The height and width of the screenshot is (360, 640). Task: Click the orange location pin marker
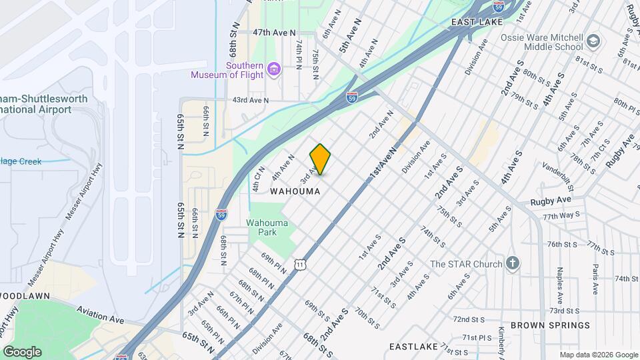pos(321,159)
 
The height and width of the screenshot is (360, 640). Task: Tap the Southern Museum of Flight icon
pos(273,69)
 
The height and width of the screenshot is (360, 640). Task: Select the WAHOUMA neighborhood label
pos(295,191)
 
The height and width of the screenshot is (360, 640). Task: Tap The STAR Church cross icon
pos(512,263)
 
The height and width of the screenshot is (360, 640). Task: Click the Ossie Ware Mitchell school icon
pos(592,43)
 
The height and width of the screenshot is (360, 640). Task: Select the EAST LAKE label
pos(476,22)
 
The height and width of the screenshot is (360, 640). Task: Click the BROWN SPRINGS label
pos(550,325)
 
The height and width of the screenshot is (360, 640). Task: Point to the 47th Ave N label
pos(274,33)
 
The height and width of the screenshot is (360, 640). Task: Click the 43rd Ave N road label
pos(250,101)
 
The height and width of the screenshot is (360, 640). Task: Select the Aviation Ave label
pos(101,314)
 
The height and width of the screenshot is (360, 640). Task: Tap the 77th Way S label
pos(561,217)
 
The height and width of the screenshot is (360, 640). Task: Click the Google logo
pos(22,352)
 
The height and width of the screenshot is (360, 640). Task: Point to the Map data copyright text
pos(598,355)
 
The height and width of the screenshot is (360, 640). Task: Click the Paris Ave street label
pos(594,276)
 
